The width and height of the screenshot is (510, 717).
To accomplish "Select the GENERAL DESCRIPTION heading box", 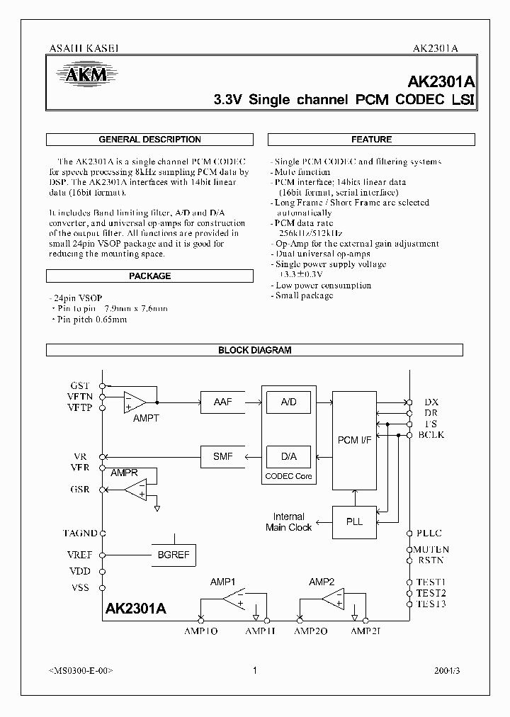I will click(150, 140).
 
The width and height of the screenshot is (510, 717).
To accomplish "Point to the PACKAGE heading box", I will click(150, 276).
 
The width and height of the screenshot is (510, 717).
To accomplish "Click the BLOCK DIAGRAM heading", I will click(254, 350).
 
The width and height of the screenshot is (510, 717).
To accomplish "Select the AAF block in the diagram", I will click(223, 402).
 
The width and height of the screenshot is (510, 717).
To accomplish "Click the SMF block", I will click(223, 456).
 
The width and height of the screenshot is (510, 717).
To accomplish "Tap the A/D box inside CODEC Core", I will click(288, 402).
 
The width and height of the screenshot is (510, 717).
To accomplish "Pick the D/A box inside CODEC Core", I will click(288, 456).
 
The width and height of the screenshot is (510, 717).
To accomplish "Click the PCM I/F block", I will click(355, 440).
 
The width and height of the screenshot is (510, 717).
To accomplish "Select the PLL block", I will click(355, 521).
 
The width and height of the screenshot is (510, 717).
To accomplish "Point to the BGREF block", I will click(174, 555).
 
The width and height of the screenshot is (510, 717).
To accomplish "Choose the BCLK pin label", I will click(431, 434).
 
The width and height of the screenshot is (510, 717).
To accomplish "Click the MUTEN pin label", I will click(432, 549).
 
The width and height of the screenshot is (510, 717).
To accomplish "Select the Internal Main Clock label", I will click(289, 522).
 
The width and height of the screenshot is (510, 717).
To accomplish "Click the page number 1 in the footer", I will click(254, 670).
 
